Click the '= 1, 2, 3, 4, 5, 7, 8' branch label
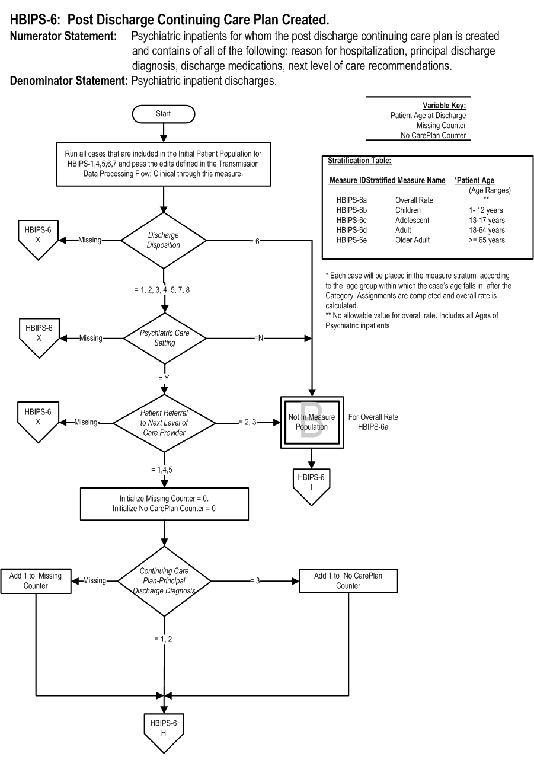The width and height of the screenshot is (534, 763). pyautogui.click(x=162, y=290)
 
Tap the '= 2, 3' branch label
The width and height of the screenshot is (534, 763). pyautogui.click(x=248, y=422)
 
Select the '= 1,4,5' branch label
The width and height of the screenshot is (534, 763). pyautogui.click(x=162, y=470)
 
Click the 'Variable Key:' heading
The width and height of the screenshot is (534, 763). pyautogui.click(x=444, y=106)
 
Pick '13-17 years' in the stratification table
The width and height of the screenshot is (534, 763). pyautogui.click(x=487, y=221)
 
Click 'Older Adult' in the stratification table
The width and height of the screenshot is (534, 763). pyautogui.click(x=412, y=240)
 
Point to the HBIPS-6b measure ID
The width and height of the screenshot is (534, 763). pyautogui.click(x=351, y=210)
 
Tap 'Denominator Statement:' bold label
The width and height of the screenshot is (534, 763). pyautogui.click(x=69, y=81)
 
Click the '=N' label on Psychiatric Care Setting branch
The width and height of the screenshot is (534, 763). pyautogui.click(x=259, y=339)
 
